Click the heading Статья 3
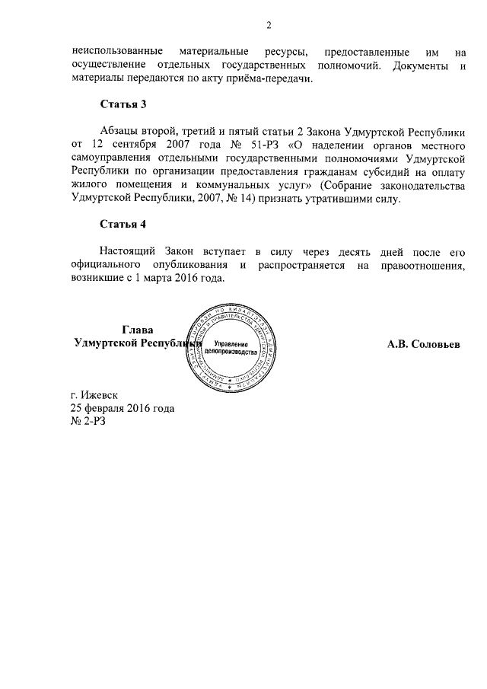coord(122,104)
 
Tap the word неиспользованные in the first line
coord(113,53)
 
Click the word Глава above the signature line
coord(137,330)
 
